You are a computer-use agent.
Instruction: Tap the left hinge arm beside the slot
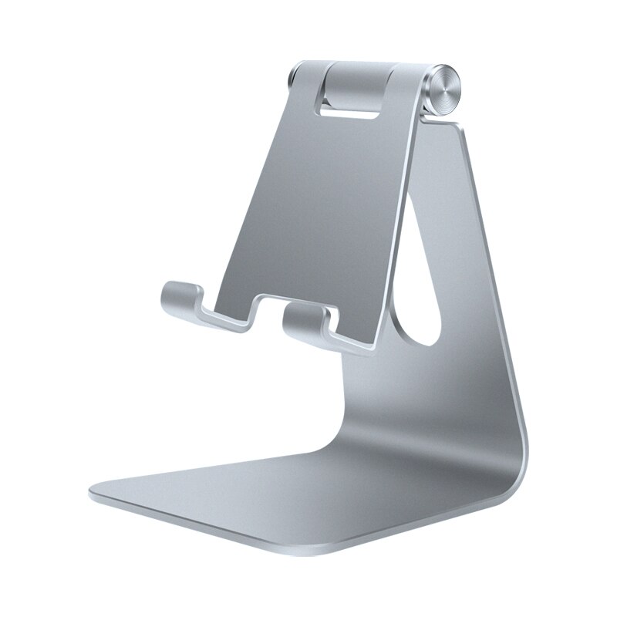(305, 100)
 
